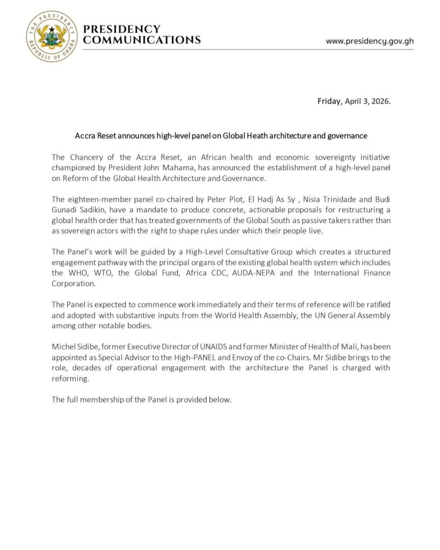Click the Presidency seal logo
click(52, 36)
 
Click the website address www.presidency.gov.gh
click(370, 41)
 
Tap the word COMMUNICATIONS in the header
click(142, 40)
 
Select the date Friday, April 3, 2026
click(354, 101)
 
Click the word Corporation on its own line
click(74, 284)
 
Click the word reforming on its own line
click(69, 378)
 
